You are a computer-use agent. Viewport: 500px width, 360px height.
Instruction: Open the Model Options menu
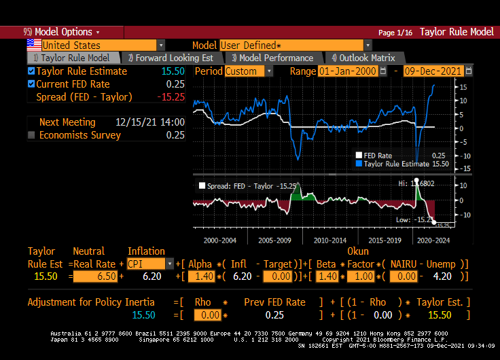tap(61, 32)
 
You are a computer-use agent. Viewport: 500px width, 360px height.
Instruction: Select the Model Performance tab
tap(272, 58)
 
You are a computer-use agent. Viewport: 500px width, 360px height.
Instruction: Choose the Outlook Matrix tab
tap(363, 58)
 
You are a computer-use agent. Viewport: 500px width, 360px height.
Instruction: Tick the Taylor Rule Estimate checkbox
tap(31, 71)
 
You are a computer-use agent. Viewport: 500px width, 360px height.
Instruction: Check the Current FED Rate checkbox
tap(31, 84)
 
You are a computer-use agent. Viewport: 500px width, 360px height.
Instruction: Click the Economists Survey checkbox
tap(31, 135)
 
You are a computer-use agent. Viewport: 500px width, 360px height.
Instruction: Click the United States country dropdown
tap(103, 46)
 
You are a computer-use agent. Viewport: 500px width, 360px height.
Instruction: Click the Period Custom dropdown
tap(248, 71)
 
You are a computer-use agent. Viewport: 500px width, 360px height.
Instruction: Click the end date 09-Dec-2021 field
tap(433, 71)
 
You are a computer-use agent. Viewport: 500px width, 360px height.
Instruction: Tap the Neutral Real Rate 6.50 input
tap(95, 276)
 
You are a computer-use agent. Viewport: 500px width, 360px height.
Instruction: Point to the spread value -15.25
tap(171, 97)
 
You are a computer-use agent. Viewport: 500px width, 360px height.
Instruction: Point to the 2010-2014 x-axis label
tap(330, 240)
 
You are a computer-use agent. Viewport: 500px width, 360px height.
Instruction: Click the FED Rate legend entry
tap(378, 156)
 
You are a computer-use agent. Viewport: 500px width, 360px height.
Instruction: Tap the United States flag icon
tap(33, 45)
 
